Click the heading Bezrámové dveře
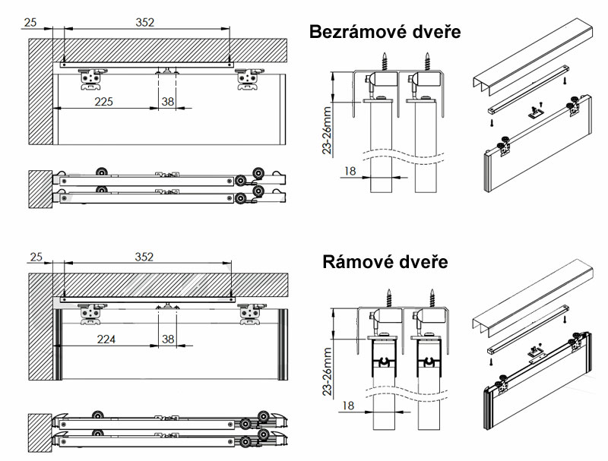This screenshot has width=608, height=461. click(385, 32)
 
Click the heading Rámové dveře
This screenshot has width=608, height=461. click(385, 262)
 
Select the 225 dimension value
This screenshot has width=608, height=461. click(104, 102)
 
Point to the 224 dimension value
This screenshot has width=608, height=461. click(106, 339)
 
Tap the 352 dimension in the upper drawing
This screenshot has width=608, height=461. click(145, 23)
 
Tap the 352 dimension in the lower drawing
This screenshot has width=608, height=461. click(144, 257)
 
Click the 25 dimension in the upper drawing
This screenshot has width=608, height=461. click(30, 23)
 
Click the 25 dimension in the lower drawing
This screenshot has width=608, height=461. click(36, 257)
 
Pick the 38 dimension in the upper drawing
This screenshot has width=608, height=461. click(168, 102)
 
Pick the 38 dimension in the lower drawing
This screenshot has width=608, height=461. click(168, 339)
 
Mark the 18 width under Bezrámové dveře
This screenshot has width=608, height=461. click(350, 171)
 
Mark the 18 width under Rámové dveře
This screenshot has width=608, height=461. click(348, 406)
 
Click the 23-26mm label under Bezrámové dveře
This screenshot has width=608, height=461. click(328, 130)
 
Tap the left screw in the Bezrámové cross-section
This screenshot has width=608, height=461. click(385, 62)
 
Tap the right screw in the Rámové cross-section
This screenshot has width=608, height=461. click(432, 298)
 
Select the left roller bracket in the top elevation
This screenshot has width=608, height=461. click(91, 79)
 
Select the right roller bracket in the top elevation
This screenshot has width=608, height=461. click(249, 79)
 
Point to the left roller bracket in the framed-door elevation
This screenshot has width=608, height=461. click(91, 314)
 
